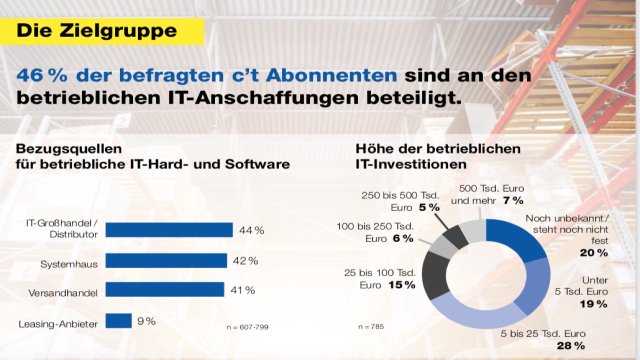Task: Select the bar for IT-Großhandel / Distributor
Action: pos(169,230)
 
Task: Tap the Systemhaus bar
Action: pos(166,260)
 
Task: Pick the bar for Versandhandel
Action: pos(164,289)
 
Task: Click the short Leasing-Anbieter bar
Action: pos(118,321)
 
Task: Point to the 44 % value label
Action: pos(251,230)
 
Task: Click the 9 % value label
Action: pos(146,321)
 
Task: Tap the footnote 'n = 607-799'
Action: pos(247,327)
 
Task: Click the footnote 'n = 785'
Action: pos(371,327)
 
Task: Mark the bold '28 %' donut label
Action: pos(570,345)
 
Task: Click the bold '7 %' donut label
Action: pos(512,200)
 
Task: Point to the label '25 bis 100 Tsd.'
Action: pos(379,273)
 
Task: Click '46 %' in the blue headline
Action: pos(42,75)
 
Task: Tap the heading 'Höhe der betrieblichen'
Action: pos(438,148)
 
